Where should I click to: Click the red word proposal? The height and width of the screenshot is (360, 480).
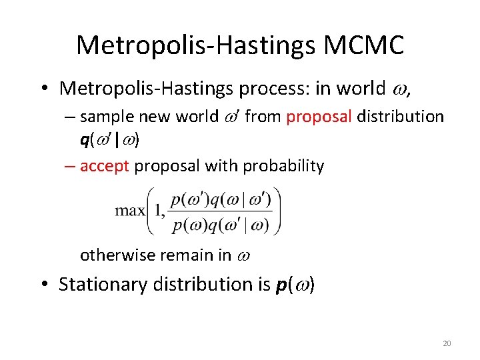coord(319,117)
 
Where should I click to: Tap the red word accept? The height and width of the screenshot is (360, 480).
coord(104,166)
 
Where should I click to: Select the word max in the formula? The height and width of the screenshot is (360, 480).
coord(130,211)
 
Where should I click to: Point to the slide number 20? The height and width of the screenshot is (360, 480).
coord(447,343)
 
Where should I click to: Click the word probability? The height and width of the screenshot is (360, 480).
coord(283,166)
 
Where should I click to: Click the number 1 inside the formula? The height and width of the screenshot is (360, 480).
coord(157,211)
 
